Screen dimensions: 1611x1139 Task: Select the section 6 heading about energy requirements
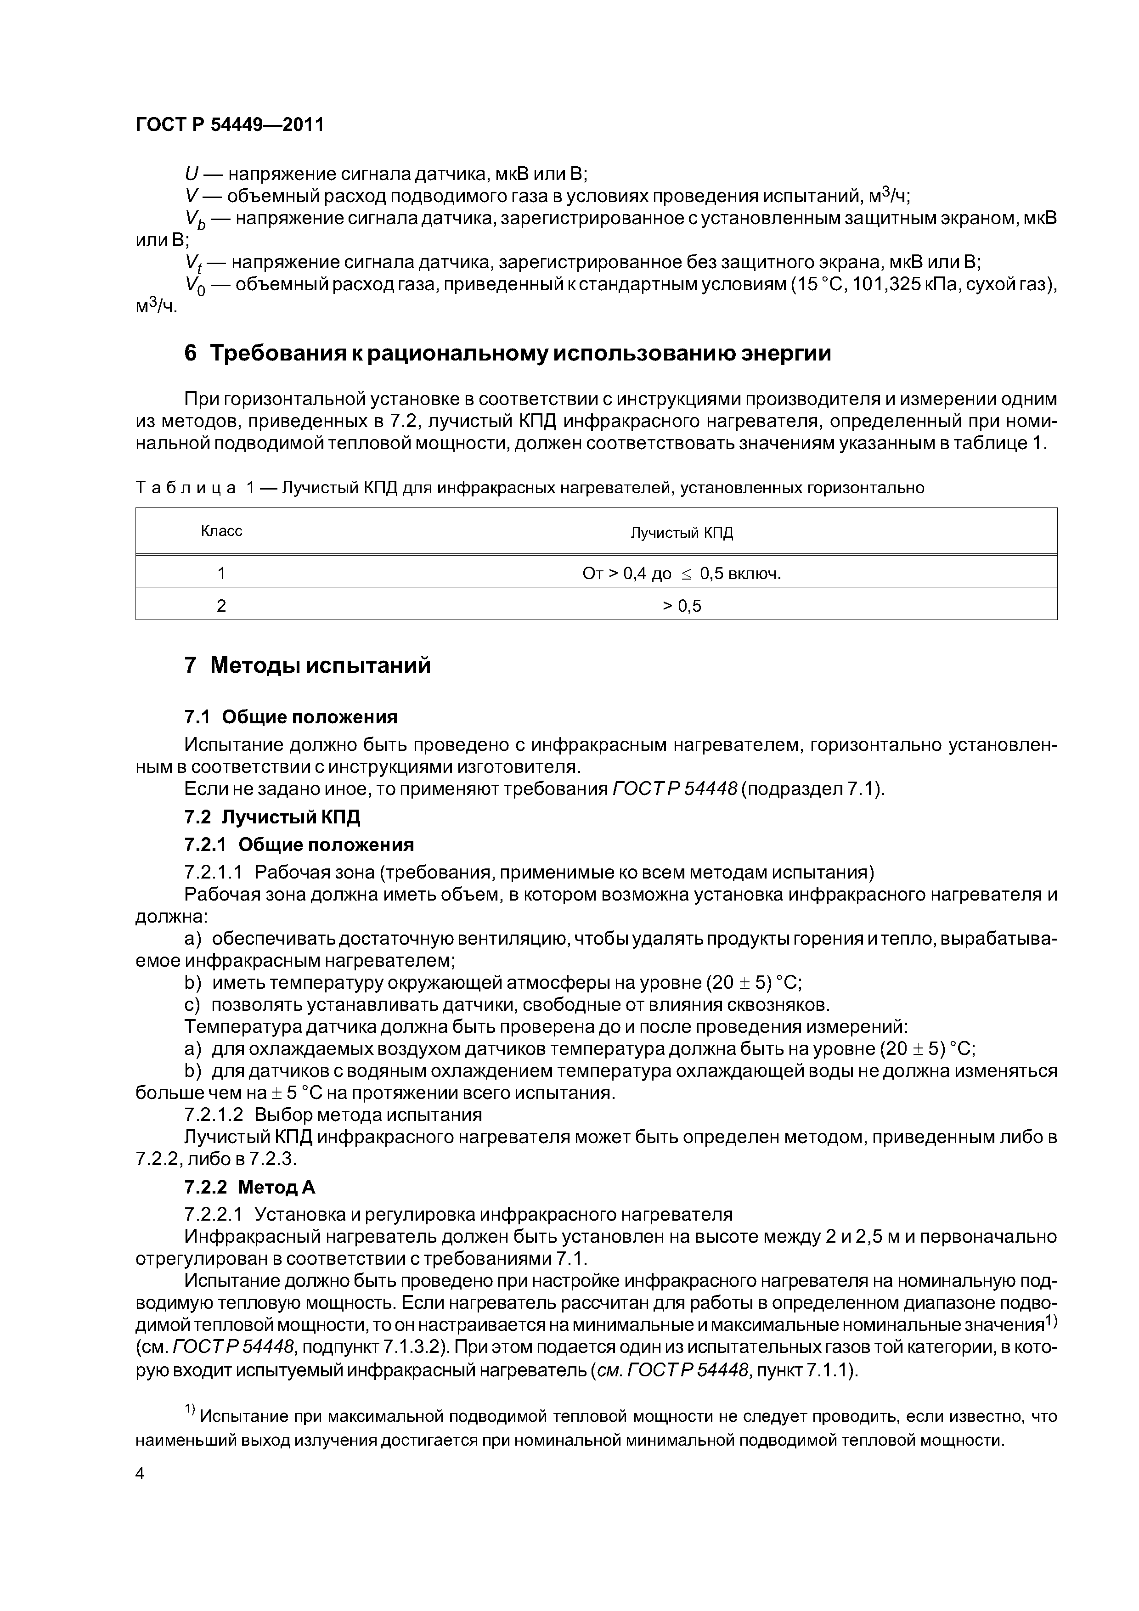507,353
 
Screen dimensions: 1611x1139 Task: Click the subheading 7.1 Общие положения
291,717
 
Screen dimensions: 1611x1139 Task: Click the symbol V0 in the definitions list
194,286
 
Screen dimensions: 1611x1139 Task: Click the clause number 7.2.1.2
214,1115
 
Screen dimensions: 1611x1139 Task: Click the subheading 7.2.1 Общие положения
299,844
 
